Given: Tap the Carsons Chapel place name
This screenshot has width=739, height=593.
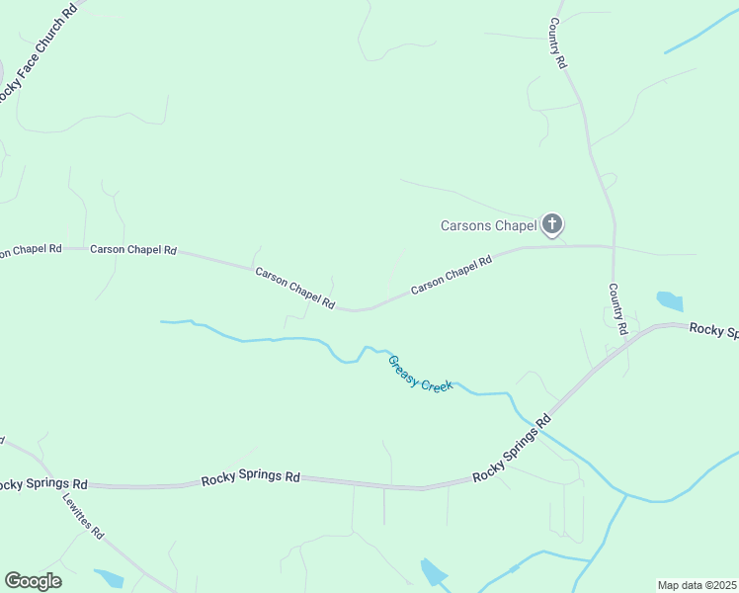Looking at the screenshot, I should point(487,226).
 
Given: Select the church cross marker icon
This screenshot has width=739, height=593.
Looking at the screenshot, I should point(552,225).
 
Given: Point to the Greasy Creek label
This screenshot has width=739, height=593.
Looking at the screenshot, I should point(420,374).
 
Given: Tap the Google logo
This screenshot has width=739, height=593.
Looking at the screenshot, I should point(33,581).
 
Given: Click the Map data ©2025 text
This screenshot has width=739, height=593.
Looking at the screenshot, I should point(698,585).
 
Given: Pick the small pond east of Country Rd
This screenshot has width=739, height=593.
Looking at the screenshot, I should point(670,300).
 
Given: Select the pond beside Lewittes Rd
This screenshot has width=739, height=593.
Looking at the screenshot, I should point(108,578).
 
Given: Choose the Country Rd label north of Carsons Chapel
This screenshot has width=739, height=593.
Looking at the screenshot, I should point(558,44).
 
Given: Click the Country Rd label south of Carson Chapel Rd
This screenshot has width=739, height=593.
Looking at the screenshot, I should point(617,309).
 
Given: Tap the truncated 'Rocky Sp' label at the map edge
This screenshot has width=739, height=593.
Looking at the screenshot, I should point(713,330).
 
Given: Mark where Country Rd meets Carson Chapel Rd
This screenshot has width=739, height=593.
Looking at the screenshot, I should point(614,246).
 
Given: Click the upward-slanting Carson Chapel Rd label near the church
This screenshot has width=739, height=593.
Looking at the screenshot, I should point(452,275).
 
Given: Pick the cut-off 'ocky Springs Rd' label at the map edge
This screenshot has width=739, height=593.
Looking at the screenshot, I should point(43,484).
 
